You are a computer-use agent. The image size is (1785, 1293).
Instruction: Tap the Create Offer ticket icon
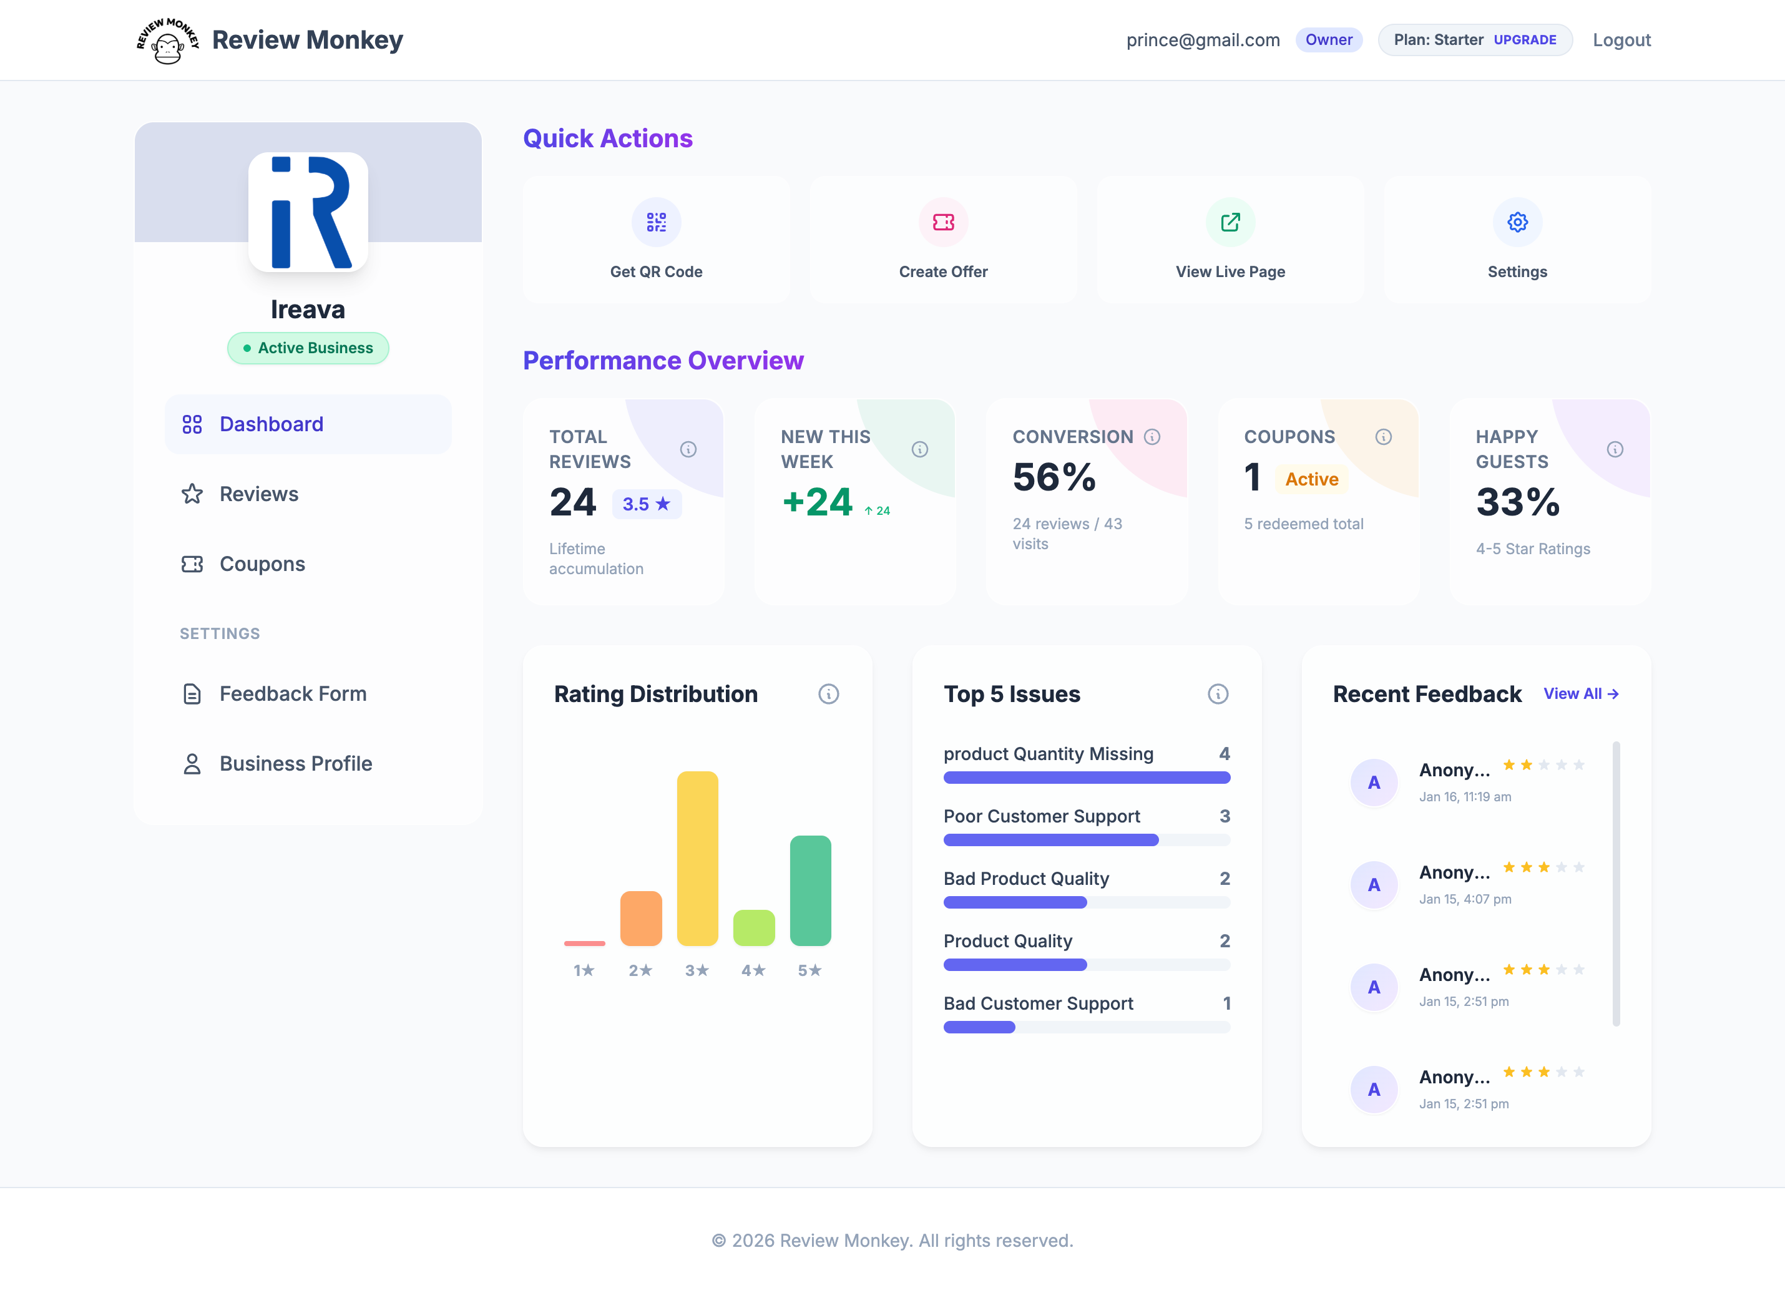[x=943, y=223]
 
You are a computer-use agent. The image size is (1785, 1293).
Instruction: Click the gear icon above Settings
[x=1517, y=223]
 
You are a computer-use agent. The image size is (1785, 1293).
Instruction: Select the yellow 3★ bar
[x=697, y=858]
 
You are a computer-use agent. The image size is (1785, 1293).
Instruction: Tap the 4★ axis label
[x=753, y=970]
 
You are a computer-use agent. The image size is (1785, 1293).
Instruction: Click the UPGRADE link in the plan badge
[x=1525, y=40]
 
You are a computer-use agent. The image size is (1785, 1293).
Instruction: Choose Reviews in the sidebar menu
[x=259, y=494]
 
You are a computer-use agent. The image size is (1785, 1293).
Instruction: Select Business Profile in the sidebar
[x=295, y=763]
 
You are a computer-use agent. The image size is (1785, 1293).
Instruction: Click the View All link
[x=1580, y=693]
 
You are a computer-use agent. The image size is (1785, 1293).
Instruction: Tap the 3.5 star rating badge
[x=646, y=504]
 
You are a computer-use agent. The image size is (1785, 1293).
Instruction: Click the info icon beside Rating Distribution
[x=828, y=694]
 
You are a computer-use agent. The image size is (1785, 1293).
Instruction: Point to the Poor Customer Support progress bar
[x=1086, y=841]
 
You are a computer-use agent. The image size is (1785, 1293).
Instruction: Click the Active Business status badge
[x=308, y=348]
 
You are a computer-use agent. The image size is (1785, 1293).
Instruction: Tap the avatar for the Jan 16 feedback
[x=1373, y=783]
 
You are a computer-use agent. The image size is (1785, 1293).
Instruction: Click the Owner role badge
[x=1329, y=40]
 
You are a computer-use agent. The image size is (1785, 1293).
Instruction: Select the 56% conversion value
[x=1054, y=477]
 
